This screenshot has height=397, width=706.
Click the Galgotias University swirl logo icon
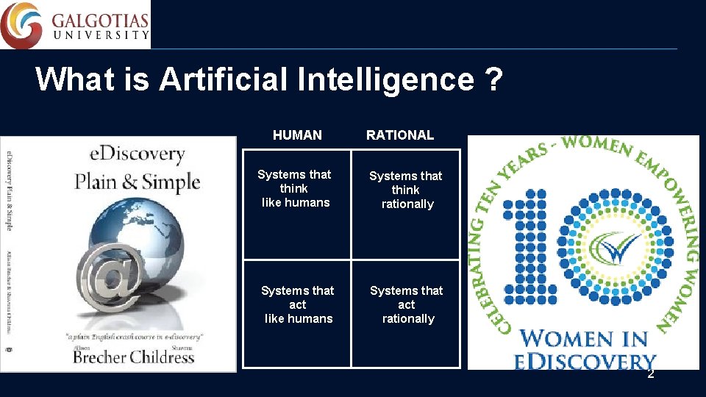[x=21, y=24]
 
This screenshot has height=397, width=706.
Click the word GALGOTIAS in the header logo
[x=100, y=19]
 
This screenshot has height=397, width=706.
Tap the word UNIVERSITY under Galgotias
[x=100, y=35]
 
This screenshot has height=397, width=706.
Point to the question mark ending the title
[x=495, y=79]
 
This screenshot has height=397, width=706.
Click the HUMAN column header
[x=297, y=135]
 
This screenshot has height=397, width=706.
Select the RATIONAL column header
[x=400, y=135]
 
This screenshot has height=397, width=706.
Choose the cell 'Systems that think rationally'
[x=406, y=190]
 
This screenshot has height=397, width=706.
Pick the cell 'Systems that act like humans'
[x=297, y=304]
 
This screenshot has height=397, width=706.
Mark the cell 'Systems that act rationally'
[x=407, y=304]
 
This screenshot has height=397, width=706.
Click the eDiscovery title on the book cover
[x=137, y=154]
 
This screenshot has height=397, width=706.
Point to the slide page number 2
[x=650, y=374]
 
